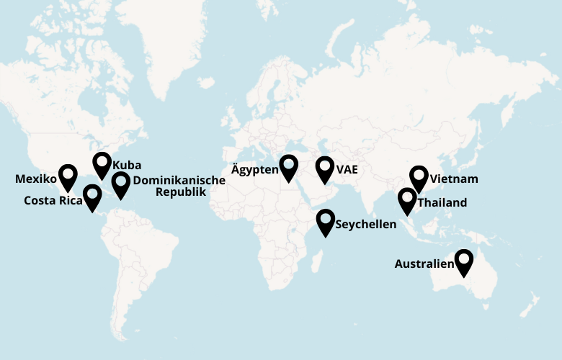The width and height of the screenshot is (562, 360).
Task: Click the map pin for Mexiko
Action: point(68,176)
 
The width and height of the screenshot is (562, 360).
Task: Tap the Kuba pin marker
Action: point(102,164)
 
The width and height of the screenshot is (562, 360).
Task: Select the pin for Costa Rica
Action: point(92,196)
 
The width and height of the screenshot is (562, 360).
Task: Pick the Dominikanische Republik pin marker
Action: point(120,183)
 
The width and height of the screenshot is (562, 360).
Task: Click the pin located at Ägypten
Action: point(290,166)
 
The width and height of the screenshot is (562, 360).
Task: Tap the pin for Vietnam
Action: point(419,177)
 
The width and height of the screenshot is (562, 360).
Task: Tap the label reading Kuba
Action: point(127,166)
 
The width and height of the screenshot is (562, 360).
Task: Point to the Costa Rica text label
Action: point(53,201)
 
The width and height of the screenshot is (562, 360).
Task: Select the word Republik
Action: point(181,192)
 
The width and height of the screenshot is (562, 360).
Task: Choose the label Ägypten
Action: point(254,171)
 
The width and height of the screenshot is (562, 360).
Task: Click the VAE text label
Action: point(347,170)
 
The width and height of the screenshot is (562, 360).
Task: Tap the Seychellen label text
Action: point(366,225)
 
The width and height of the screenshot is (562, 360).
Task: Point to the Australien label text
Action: point(424,264)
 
